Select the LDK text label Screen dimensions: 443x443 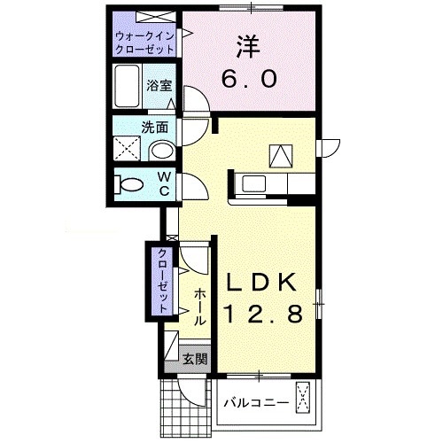pyautogui.click(x=264, y=282)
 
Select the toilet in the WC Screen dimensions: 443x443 pyautogui.click(x=129, y=185)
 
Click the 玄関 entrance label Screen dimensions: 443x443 pyautogui.click(x=195, y=360)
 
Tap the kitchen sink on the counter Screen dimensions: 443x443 pyautogui.click(x=253, y=184)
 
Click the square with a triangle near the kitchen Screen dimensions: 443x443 pyautogui.click(x=281, y=156)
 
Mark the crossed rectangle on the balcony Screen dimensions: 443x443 pyautogui.click(x=305, y=399)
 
